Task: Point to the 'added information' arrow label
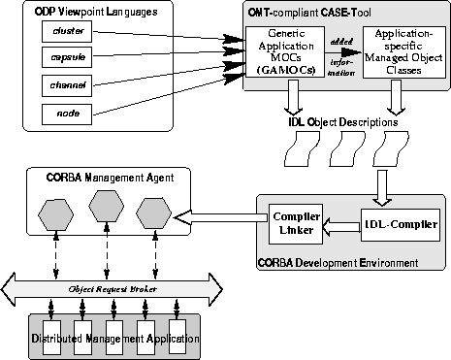[340, 53]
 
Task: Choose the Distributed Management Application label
[114, 340]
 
